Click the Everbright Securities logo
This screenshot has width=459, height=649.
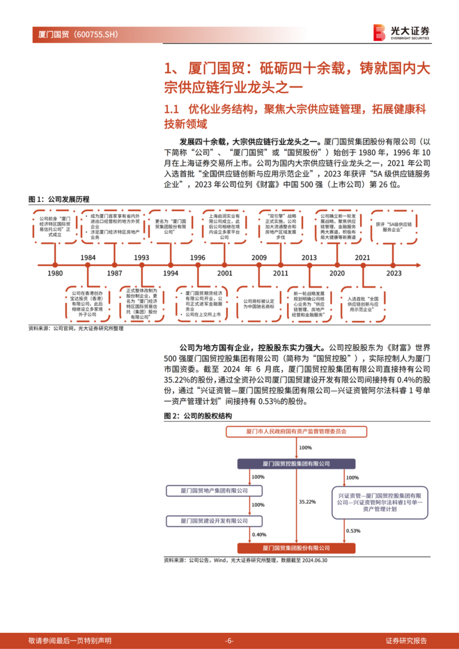(x=401, y=32)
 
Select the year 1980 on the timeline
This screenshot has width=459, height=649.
(x=55, y=273)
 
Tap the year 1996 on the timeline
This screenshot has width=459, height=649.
(x=198, y=258)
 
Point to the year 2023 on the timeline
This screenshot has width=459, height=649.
(x=394, y=273)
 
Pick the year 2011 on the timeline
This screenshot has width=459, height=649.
(x=280, y=273)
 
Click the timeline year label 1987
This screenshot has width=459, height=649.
(x=114, y=273)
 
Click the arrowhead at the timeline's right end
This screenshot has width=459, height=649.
(x=419, y=265)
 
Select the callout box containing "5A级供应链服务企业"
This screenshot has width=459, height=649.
(x=394, y=227)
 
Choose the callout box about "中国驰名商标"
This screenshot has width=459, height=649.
(x=259, y=304)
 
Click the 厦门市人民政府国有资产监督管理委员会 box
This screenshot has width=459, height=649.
(x=296, y=431)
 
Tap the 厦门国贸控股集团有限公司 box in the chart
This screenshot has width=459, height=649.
(x=296, y=464)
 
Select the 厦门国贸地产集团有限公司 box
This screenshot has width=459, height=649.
(x=214, y=490)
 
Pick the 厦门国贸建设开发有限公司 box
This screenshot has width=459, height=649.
(x=214, y=521)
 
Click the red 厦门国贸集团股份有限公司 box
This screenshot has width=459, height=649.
(x=296, y=548)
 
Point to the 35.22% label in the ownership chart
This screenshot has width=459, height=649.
(x=307, y=502)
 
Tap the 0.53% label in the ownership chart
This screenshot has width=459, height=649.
(x=353, y=531)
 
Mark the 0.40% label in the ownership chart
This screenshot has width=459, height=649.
(x=259, y=535)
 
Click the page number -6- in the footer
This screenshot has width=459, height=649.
(x=229, y=640)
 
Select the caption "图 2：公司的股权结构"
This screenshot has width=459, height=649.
(x=198, y=416)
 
